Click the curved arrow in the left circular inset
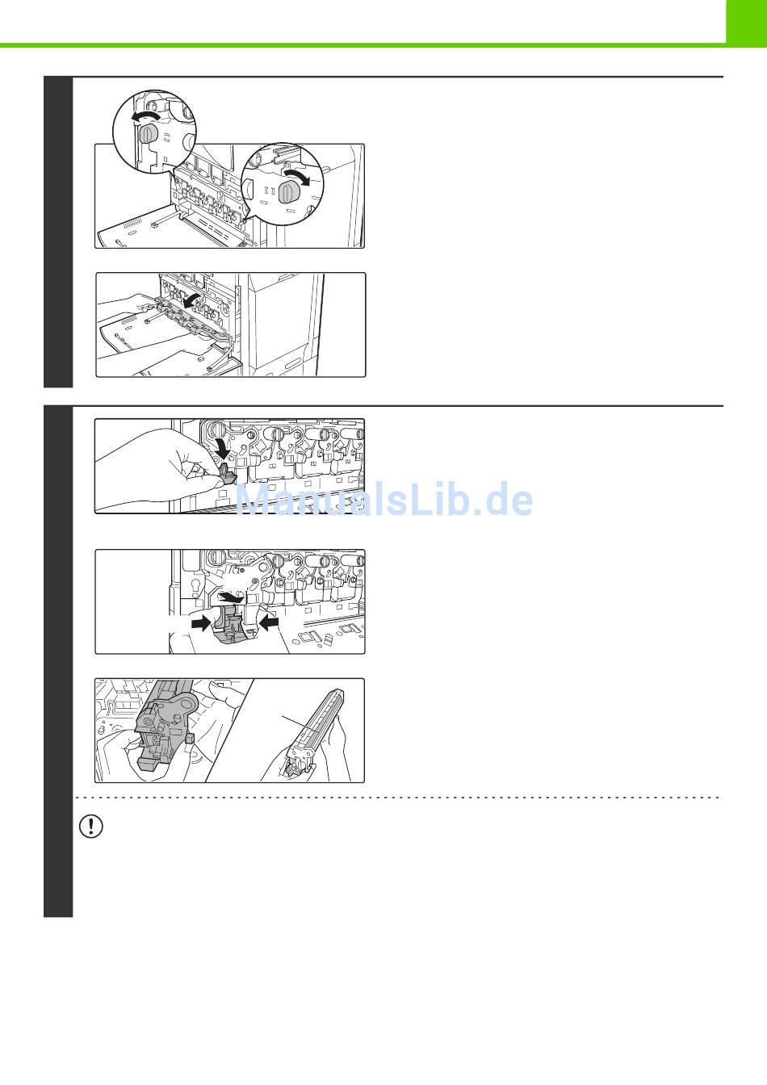tap(147, 116)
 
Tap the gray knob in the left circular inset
tap(147, 134)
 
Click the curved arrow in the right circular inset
tap(297, 176)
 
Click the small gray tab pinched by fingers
tap(225, 475)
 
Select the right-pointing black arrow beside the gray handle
tap(202, 624)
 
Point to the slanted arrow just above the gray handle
tap(231, 597)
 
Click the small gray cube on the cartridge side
tap(190, 738)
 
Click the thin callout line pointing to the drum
tap(300, 723)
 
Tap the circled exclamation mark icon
tap(90, 827)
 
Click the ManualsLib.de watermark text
tap(383, 500)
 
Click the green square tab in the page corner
tap(746, 23)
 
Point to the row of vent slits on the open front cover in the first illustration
tap(132, 224)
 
